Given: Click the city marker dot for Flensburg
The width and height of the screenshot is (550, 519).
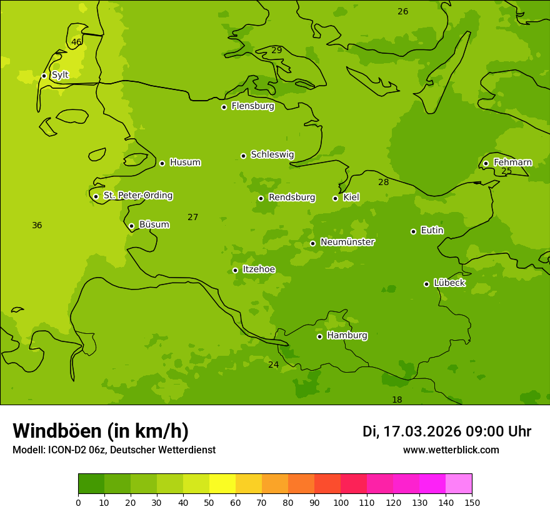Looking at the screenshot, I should point(224,107).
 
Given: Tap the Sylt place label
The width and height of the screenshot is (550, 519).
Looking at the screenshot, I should point(60,75).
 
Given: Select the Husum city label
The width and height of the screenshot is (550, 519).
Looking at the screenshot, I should point(185,163).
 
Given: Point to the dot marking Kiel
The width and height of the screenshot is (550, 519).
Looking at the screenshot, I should point(335,198).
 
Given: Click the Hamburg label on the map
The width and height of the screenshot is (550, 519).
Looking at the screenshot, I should point(347,336).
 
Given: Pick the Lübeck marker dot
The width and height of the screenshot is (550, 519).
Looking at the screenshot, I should point(426,284).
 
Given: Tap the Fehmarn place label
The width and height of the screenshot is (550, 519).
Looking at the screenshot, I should point(512,163).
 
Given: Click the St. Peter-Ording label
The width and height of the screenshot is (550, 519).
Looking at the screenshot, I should point(137,196).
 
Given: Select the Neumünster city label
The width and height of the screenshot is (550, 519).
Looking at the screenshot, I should point(347,242).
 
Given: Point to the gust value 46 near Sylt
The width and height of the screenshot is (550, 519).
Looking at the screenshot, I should point(76,43).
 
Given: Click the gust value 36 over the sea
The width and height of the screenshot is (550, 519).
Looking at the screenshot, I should point(37,225).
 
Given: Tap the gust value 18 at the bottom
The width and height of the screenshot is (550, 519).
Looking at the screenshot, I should point(397,400).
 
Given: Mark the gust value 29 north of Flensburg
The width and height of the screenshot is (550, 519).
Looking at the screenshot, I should point(276,50).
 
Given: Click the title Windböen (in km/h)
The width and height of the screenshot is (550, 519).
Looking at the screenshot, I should point(101,431).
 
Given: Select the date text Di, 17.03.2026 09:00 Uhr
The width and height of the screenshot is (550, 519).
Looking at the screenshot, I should point(446,431).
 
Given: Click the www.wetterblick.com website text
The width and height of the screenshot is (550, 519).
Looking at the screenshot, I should point(451,450).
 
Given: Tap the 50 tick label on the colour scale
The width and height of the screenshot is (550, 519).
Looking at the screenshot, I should point(209,503).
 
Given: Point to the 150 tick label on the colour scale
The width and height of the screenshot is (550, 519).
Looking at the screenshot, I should point(472,503).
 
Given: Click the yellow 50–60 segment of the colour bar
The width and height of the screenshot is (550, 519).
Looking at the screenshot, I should point(222,484).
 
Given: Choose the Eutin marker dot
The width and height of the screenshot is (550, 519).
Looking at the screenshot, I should point(413,231).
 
